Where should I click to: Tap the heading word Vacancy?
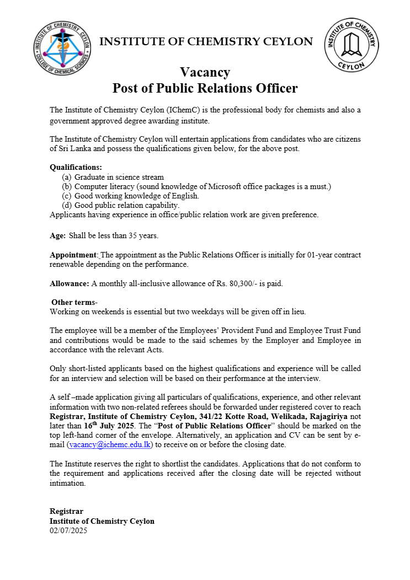pyautogui.click(x=205, y=73)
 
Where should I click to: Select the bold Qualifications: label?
pyautogui.click(x=76, y=167)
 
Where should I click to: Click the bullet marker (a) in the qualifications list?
pyautogui.click(x=66, y=177)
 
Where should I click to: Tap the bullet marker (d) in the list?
pyautogui.click(x=66, y=205)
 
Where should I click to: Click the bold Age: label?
pyautogui.click(x=58, y=235)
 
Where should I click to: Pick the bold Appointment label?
pyautogui.click(x=73, y=255)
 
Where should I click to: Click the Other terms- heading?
pyautogui.click(x=74, y=302)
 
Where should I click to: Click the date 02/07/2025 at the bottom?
pyautogui.click(x=68, y=530)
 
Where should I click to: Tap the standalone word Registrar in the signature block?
pyautogui.click(x=66, y=511)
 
